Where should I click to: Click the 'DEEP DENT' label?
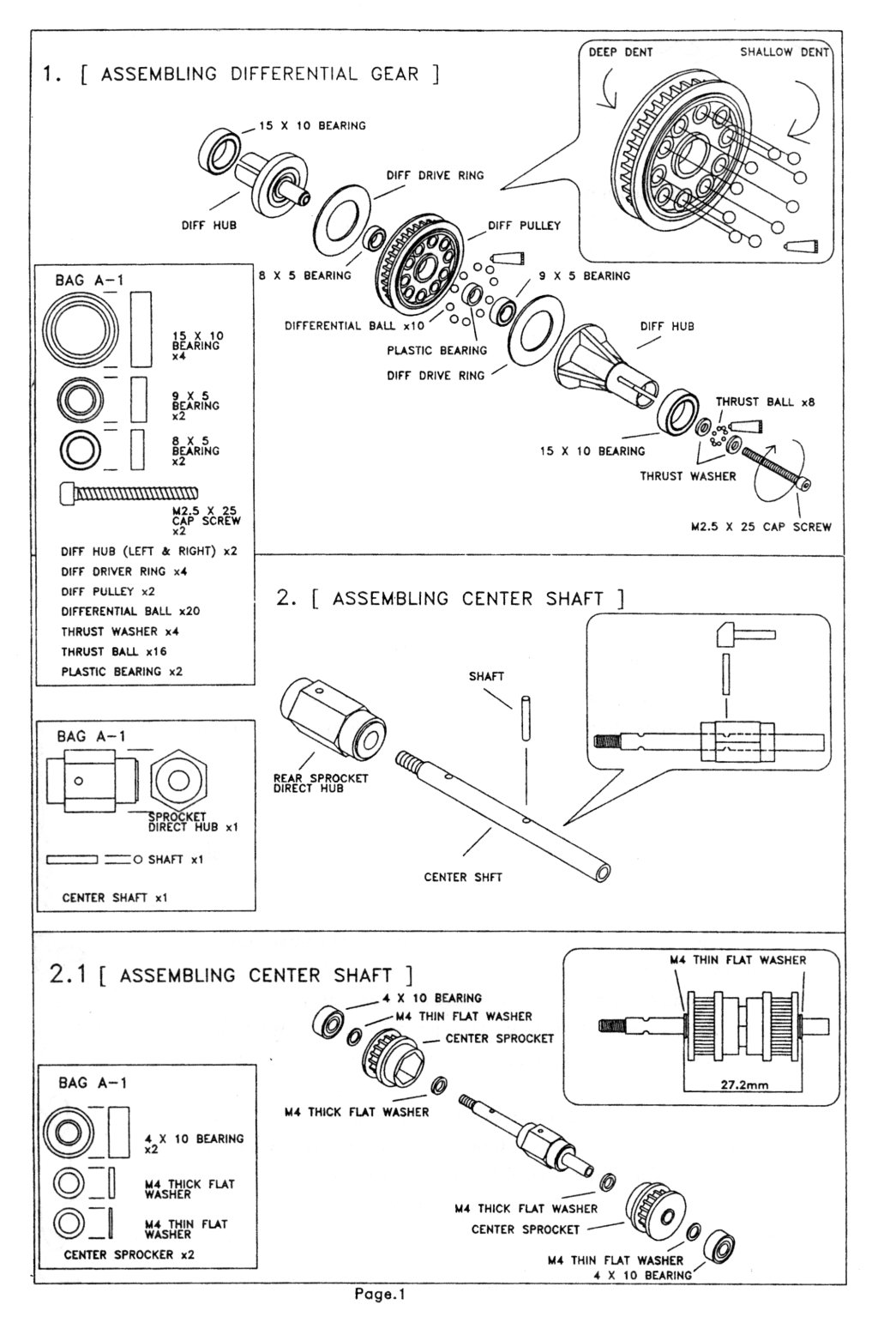[x=620, y=52]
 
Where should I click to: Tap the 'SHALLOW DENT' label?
[x=784, y=52]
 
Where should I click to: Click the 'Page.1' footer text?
[x=379, y=1295]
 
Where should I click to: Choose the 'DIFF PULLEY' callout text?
[x=524, y=226]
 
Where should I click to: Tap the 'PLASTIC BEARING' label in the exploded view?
[x=436, y=350]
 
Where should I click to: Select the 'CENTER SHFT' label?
[x=463, y=878]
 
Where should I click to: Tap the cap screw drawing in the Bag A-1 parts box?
[x=129, y=493]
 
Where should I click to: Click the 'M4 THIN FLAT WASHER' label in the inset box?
[x=737, y=960]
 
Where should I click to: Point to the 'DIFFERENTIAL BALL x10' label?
[x=354, y=326]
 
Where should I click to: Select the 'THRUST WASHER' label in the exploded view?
[x=688, y=475]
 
